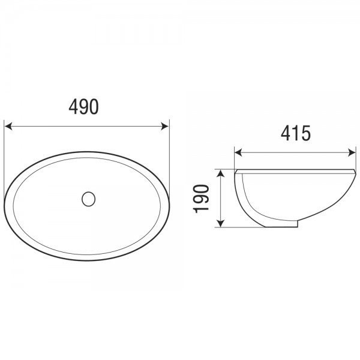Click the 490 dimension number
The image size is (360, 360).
pos(84,107)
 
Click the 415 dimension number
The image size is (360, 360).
pos(296,133)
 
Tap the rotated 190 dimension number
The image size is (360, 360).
pos(201,199)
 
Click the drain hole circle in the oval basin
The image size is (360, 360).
pos(88,199)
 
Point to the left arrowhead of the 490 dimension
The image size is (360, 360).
pos(8,126)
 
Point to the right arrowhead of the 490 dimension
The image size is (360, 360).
pos(165,126)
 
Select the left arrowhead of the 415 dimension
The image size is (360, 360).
pos(238,152)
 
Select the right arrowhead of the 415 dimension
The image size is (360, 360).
pos(352,152)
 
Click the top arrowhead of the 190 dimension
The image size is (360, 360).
pos(220,173)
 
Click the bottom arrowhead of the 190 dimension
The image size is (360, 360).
pos(220,223)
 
